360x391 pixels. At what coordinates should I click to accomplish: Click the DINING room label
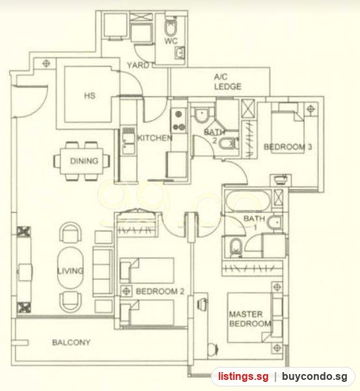84,161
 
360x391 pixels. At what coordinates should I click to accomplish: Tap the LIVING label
70,271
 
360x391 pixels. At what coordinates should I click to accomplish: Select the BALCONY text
71,342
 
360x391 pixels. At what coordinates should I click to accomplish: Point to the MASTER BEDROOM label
250,319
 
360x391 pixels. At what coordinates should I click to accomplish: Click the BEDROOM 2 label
160,291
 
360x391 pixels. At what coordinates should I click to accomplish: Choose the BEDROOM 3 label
288,147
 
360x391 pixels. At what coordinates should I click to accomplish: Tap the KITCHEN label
155,138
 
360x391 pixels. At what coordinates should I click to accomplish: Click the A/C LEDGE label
228,81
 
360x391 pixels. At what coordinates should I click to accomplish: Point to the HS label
90,96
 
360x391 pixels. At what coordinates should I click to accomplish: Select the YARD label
138,65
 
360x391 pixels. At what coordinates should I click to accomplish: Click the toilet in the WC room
171,27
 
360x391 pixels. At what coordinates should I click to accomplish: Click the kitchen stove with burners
179,121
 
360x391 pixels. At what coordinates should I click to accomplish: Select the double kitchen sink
128,141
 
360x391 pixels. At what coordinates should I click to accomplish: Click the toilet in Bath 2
228,144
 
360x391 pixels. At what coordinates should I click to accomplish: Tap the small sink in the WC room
180,53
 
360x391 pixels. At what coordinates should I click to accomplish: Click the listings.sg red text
243,376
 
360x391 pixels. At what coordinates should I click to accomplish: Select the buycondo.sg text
314,376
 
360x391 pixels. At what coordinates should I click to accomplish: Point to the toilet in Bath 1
236,248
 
